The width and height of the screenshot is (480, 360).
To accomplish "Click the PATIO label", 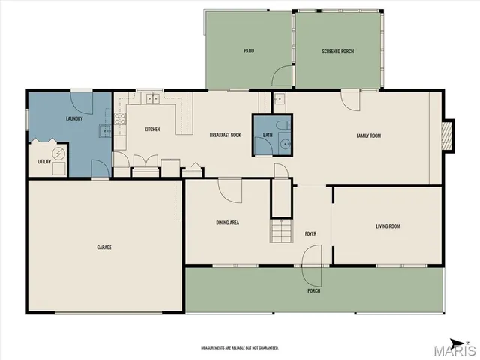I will click(249, 51).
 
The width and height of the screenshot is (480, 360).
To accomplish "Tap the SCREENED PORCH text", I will click(337, 51).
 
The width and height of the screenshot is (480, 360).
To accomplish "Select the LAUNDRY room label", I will click(74, 118).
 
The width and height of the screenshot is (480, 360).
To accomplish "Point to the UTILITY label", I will click(44, 161).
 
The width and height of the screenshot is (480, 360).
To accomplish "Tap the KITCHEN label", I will click(152, 129).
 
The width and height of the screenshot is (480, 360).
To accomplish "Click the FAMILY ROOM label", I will click(368, 135).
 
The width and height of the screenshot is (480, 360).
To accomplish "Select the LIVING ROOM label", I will click(388, 226).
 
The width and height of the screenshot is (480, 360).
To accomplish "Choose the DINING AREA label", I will click(226, 223).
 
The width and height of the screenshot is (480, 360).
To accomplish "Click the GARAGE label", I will click(103, 247).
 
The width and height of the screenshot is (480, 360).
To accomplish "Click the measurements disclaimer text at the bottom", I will click(240, 348).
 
